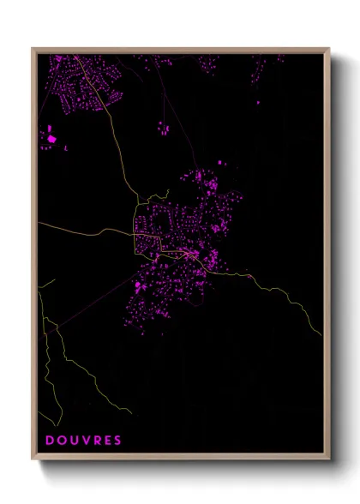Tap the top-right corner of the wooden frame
[x=329, y=49]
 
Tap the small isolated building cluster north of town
[x=162, y=129]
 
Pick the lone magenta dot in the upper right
[x=258, y=102]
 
